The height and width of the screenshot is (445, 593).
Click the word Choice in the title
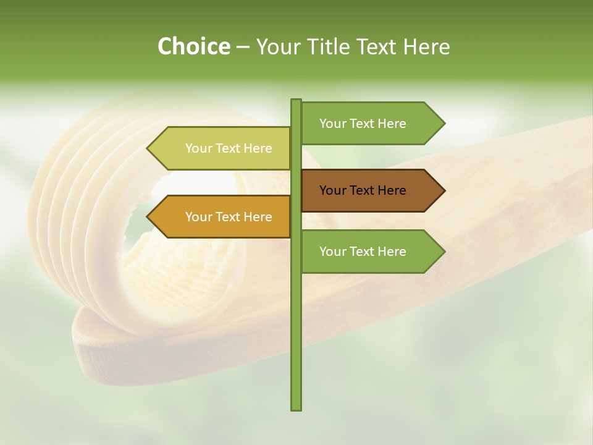[x=193, y=46]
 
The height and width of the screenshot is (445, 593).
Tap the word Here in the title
[x=426, y=46]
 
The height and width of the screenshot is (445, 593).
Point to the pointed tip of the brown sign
[x=444, y=190]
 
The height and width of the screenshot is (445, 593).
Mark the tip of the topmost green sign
[x=444, y=124]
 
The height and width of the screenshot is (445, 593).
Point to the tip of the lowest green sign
[x=444, y=252]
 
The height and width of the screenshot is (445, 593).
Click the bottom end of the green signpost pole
[x=296, y=408]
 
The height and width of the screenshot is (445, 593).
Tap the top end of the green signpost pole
[x=296, y=101]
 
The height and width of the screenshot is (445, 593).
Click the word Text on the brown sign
[x=363, y=190]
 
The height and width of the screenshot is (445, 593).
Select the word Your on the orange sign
[x=198, y=217]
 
